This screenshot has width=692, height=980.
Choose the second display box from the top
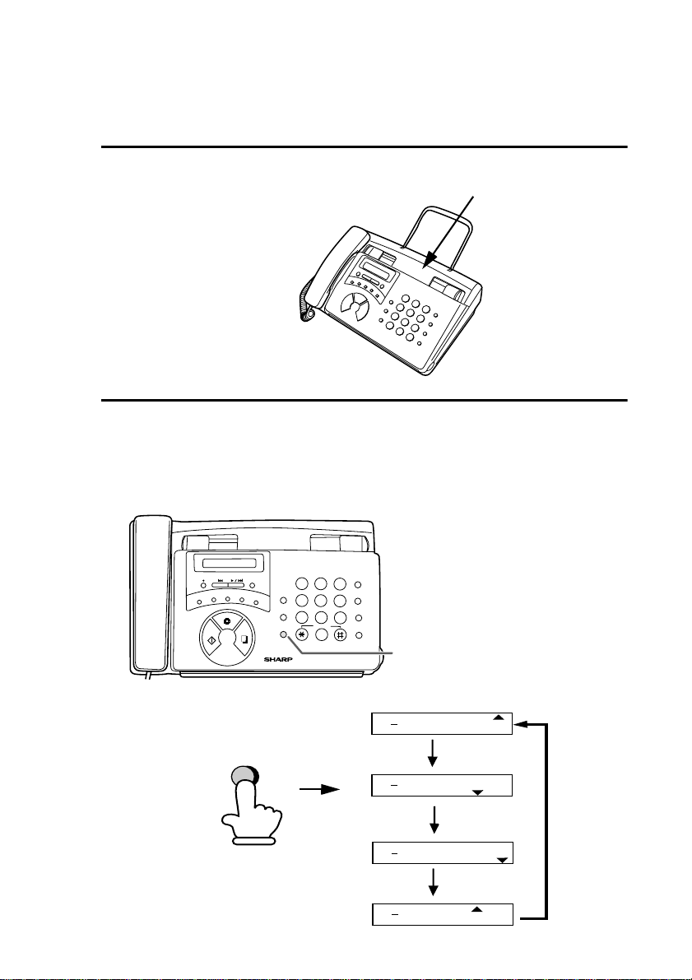[443, 785]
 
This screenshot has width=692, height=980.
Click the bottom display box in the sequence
[443, 914]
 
